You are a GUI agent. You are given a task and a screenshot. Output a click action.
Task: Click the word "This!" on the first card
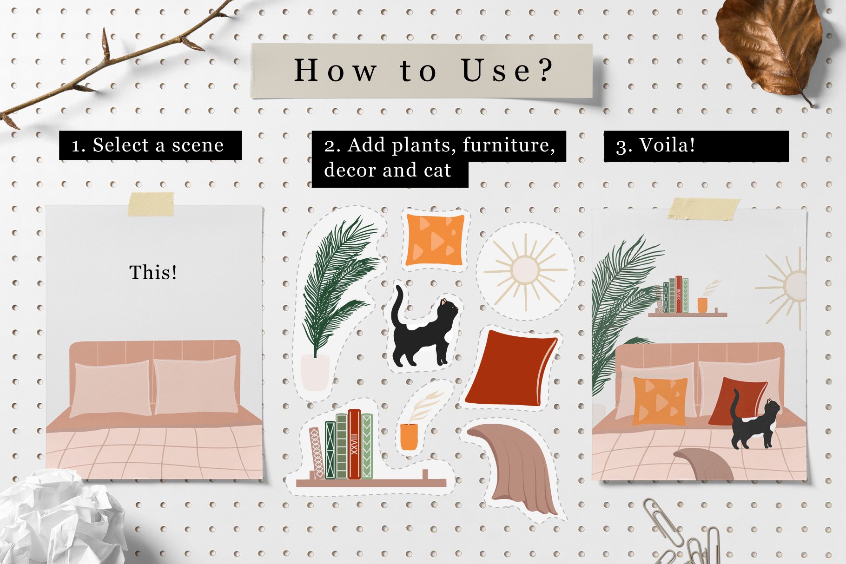pyautogui.click(x=153, y=272)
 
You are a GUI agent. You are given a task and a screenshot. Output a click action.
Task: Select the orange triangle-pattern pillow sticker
pyautogui.click(x=435, y=240)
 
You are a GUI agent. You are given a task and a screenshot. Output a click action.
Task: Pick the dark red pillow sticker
pyautogui.click(x=511, y=368)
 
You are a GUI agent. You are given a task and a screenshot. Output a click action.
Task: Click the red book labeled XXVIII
pyautogui.click(x=355, y=444)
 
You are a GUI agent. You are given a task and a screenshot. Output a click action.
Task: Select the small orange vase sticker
pyautogui.click(x=409, y=437)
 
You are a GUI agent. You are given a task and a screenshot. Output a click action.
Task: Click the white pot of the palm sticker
pyautogui.click(x=315, y=373)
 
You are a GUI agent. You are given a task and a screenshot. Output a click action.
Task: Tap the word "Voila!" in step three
pyautogui.click(x=668, y=145)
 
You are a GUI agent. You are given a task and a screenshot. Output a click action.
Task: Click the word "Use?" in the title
pyautogui.click(x=508, y=71)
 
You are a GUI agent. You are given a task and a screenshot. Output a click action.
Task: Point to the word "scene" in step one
pyautogui.click(x=198, y=145)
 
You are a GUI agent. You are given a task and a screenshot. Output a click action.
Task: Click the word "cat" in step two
pyautogui.click(x=437, y=171)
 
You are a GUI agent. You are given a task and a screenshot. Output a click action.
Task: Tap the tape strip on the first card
pyautogui.click(x=151, y=204)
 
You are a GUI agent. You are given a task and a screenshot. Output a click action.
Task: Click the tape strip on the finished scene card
pyautogui.click(x=703, y=209)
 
